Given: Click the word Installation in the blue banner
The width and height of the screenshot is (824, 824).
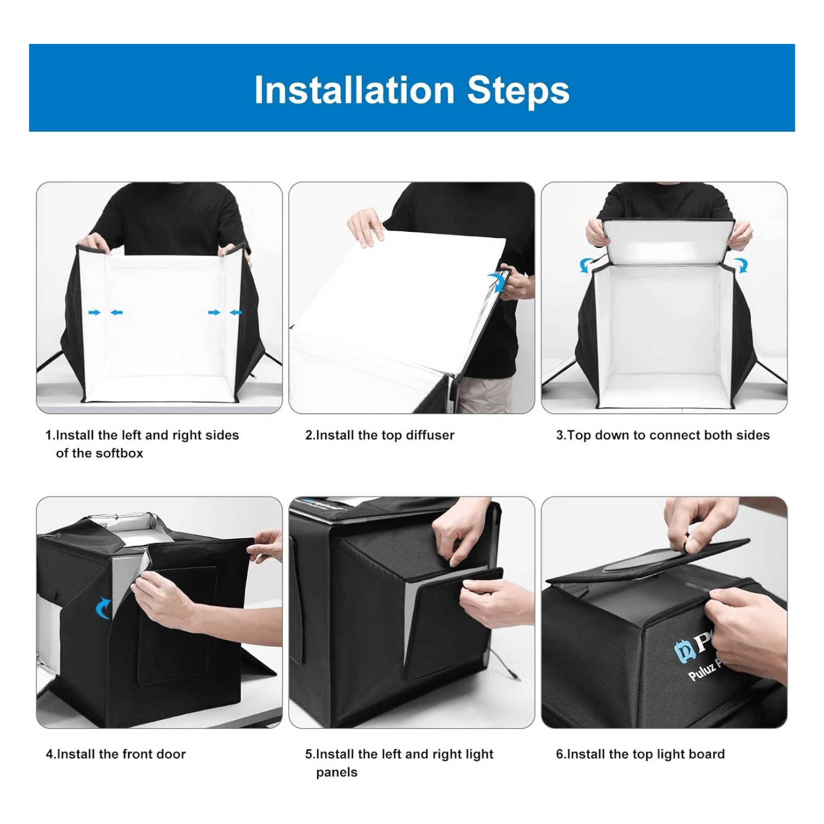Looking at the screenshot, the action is (x=354, y=90).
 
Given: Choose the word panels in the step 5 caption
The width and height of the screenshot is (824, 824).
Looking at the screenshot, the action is (x=337, y=772).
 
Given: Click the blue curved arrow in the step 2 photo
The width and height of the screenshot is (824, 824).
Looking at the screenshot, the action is (x=499, y=282).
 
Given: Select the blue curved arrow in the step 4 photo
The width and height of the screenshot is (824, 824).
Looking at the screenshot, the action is (x=103, y=608).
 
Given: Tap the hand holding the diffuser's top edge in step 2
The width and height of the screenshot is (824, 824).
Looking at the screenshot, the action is (x=365, y=226).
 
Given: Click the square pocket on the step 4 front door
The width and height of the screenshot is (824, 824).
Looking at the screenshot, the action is (x=177, y=625).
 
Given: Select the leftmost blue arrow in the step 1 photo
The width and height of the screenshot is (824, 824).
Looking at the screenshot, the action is (x=94, y=312).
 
